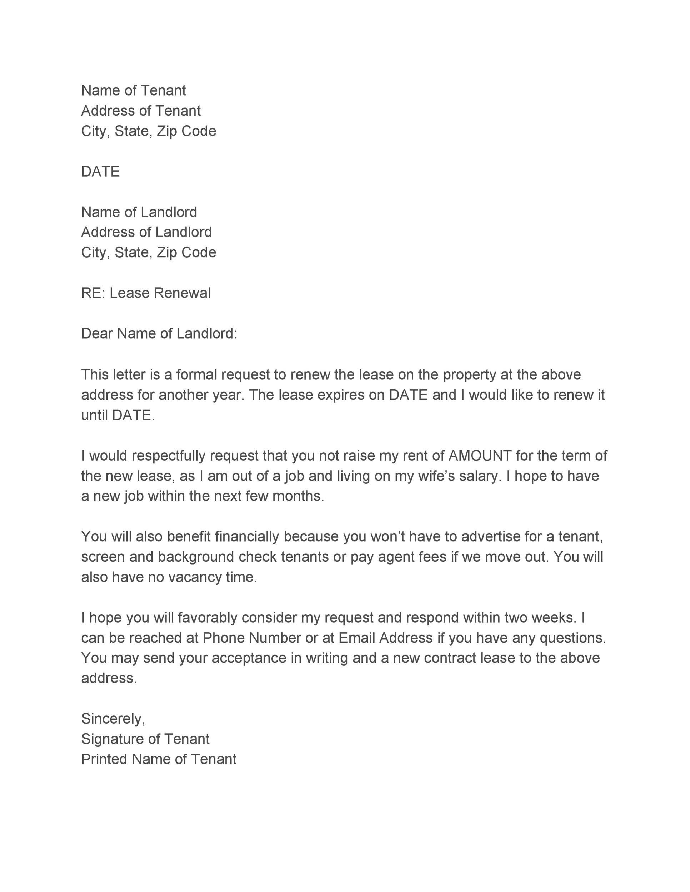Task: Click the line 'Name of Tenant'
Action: coord(133,90)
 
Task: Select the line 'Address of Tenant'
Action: coord(141,111)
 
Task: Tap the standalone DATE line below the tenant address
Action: coord(100,172)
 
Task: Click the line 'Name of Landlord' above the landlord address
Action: coord(139,212)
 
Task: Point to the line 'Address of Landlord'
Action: coord(146,232)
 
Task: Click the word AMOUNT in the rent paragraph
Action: coord(480,455)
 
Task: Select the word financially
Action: coord(246,536)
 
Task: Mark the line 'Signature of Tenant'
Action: coord(145,739)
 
